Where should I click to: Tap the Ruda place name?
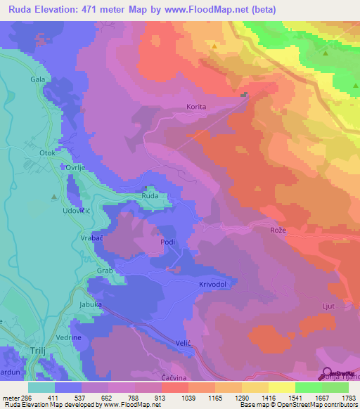pyautogui.click(x=150, y=196)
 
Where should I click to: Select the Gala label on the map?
pyautogui.click(x=37, y=80)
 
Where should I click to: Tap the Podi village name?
pyautogui.click(x=167, y=242)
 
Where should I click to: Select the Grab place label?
pyautogui.click(x=104, y=269)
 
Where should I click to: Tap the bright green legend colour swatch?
pyautogui.click(x=308, y=387)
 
